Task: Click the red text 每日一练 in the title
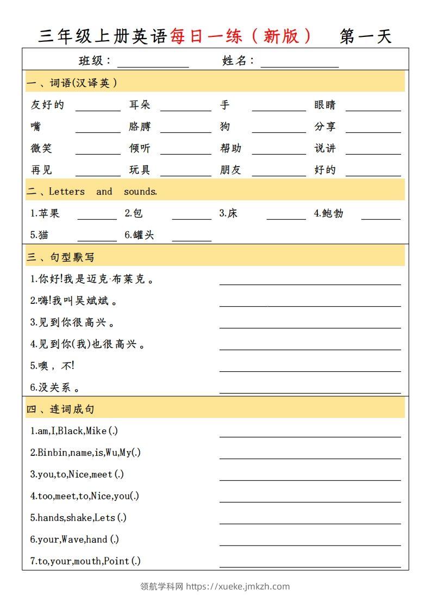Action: click(206, 36)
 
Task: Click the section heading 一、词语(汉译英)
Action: click(72, 83)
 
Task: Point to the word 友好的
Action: click(47, 105)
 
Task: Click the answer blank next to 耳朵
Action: click(185, 107)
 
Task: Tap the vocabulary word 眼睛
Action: click(325, 105)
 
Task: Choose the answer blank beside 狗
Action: click(279, 129)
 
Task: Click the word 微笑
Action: click(41, 148)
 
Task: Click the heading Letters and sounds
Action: click(103, 192)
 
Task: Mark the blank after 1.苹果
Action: click(97, 216)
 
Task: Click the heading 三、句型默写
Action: click(60, 257)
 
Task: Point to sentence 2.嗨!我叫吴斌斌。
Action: click(73, 300)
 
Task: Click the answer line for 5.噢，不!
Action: click(310, 369)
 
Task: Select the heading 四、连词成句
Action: click(60, 409)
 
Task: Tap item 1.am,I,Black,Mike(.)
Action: click(74, 431)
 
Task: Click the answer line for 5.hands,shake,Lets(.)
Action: click(310, 521)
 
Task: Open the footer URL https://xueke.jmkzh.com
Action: click(239, 586)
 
